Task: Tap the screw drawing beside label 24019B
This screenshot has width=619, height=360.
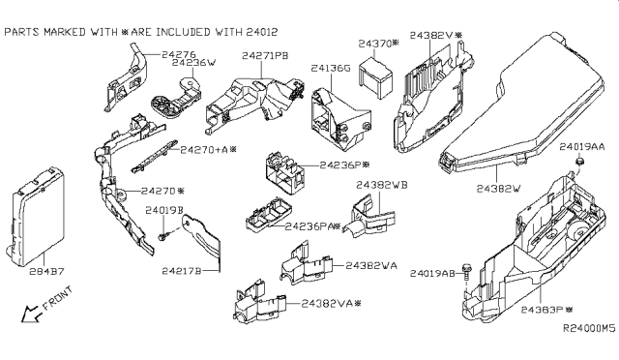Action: tap(162, 234)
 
